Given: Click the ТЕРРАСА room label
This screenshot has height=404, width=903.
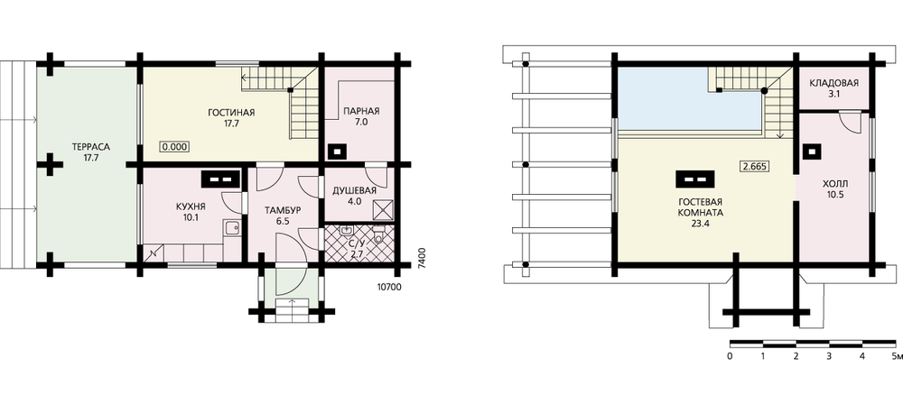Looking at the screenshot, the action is coord(91,147).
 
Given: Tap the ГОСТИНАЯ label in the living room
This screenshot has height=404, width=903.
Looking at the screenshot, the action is coord(231,112).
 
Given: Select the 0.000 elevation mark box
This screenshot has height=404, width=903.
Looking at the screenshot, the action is coord(174,146).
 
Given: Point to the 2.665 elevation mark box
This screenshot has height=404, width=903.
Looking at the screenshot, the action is coord(755,166).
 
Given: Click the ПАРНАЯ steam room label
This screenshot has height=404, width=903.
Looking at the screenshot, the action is coord(361,112).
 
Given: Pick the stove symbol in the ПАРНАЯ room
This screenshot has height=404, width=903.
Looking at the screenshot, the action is coord(336,151).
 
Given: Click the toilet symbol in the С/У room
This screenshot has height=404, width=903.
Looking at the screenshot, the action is coord(378,235).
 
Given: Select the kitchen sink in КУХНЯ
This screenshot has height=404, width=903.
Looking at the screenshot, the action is coord(232,228).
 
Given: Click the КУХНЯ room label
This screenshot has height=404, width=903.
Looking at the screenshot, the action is coord(191,207).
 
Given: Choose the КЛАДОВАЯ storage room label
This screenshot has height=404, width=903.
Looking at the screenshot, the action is coord(833,83).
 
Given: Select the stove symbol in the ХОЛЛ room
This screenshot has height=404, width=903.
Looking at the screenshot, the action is coord(812,151).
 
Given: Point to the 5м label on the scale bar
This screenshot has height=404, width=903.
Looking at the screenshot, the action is coord(897,356).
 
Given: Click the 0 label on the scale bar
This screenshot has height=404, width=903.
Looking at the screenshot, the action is coord(731,356).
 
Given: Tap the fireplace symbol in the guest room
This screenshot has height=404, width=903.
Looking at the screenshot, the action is coord(695,179).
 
